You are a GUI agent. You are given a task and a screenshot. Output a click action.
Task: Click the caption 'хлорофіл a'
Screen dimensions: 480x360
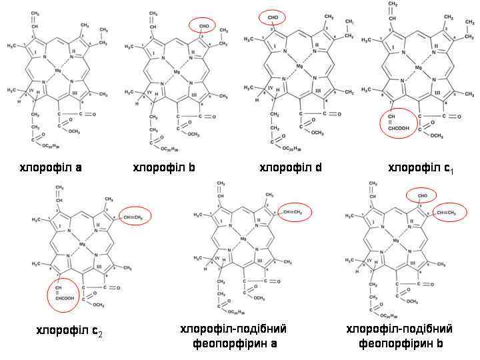pyautogui.click(x=50, y=167)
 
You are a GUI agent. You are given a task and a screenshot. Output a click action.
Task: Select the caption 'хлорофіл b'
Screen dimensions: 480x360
pyautogui.click(x=164, y=167)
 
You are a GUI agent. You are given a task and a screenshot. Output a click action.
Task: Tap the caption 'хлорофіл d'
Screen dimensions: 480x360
pyautogui.click(x=291, y=167)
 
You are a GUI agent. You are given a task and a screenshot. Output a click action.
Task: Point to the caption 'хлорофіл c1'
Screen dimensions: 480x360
pyautogui.click(x=420, y=167)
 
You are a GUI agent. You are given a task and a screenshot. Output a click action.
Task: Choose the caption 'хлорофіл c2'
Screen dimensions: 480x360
pyautogui.click(x=69, y=331)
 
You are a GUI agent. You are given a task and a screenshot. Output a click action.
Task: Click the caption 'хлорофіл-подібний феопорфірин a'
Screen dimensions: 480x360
pyautogui.click(x=233, y=337)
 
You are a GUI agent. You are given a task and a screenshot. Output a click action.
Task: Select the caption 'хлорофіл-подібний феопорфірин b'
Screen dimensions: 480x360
pyautogui.click(x=399, y=337)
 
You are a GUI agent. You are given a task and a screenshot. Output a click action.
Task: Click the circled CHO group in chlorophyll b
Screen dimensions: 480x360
pyautogui.click(x=204, y=25)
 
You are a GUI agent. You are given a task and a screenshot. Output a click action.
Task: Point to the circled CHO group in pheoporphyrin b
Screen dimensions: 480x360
pyautogui.click(x=421, y=195)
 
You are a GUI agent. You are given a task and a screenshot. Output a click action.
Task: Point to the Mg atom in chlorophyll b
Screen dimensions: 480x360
pyautogui.click(x=176, y=71)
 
